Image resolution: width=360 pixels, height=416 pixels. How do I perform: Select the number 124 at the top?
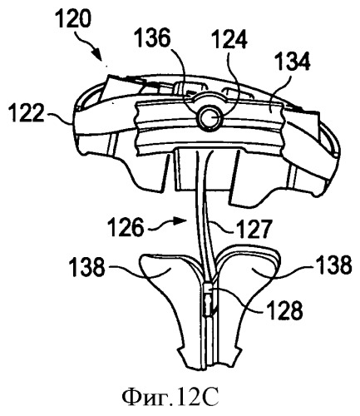pos(229,39)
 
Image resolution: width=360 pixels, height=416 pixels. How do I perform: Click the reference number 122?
pos(27,112)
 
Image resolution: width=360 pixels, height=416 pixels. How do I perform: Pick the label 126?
pos(126,227)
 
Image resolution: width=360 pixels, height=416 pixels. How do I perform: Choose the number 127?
pos(252,229)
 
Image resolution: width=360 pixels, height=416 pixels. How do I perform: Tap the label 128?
pos(284,310)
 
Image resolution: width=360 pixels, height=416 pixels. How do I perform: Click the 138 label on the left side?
pos(88,267)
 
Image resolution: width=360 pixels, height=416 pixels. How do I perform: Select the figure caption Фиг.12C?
pos(170,397)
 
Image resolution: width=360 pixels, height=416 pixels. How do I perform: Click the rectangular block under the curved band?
pos(207,168)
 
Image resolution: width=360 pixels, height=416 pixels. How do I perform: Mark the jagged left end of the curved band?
pos(138,124)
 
